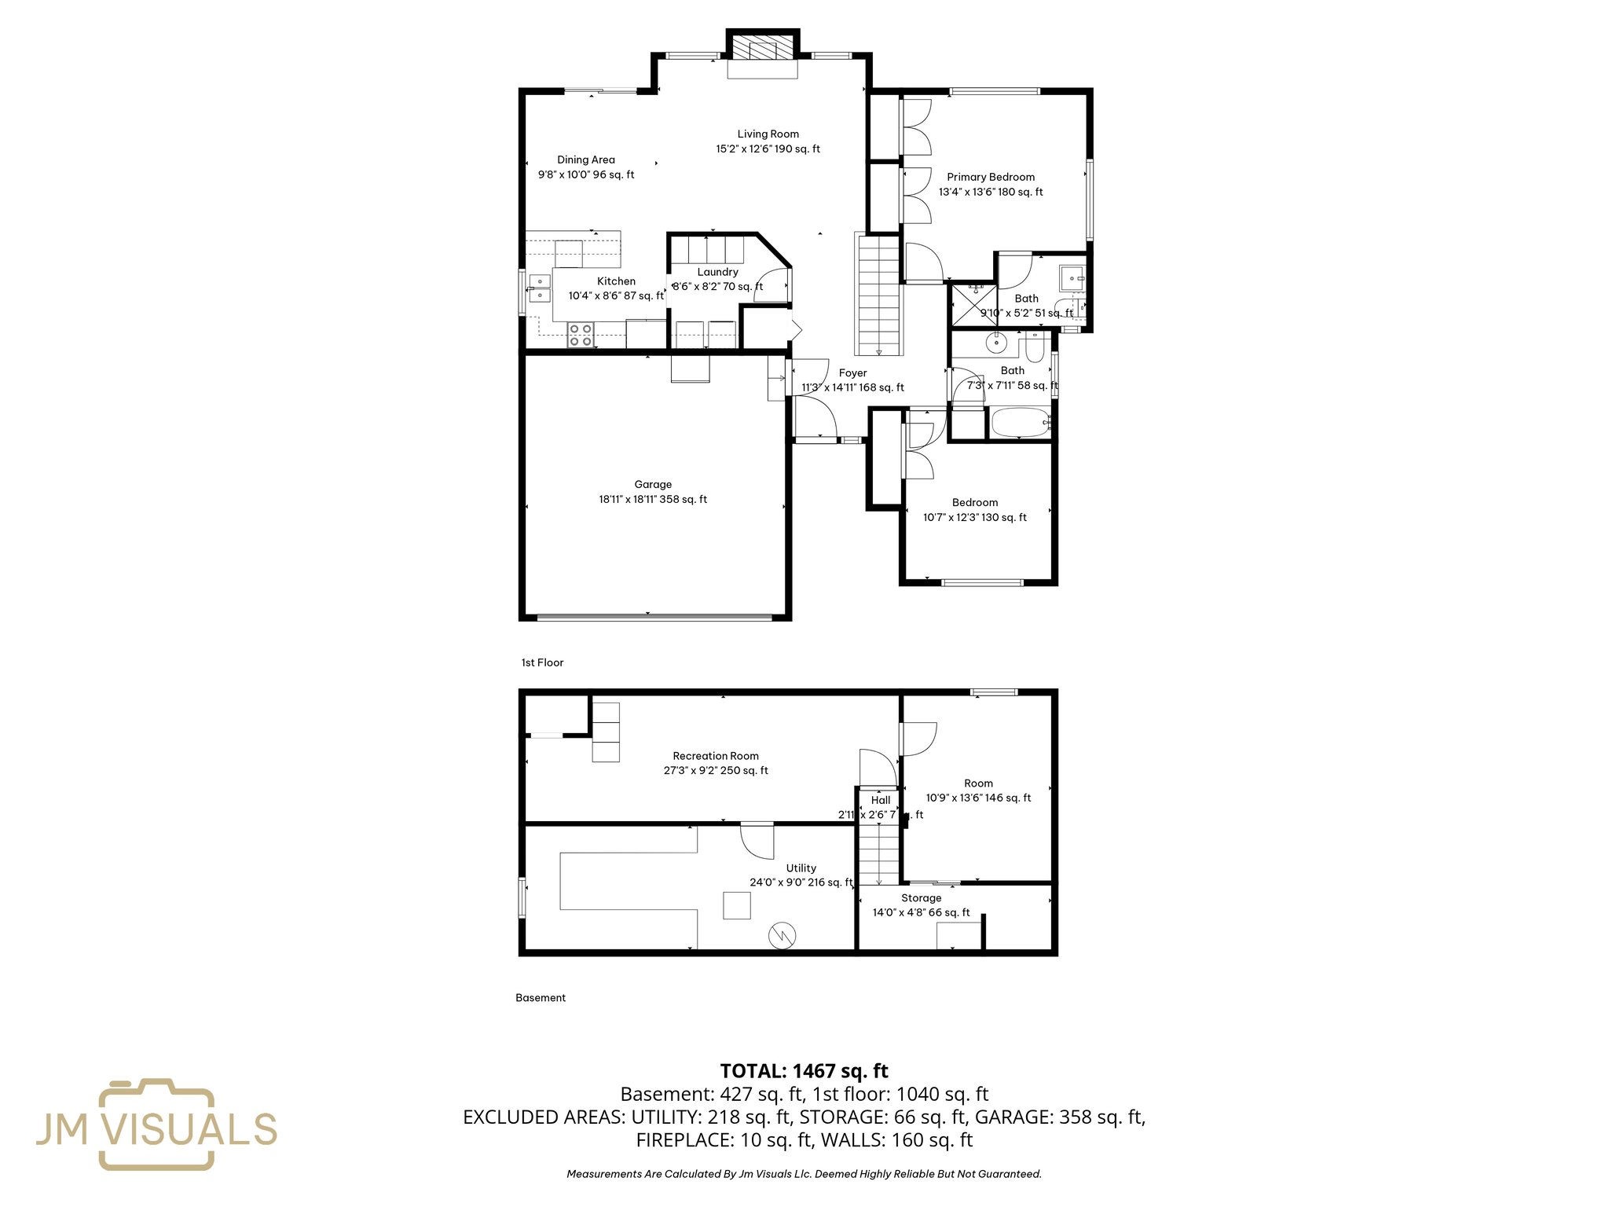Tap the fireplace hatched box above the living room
pyautogui.click(x=762, y=50)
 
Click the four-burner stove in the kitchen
pyautogui.click(x=581, y=336)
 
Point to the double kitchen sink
pyautogui.click(x=540, y=288)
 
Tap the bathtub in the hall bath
pyautogui.click(x=1020, y=423)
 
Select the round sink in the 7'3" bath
pyautogui.click(x=997, y=342)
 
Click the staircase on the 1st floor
pyautogui.click(x=878, y=295)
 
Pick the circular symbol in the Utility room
pyautogui.click(x=783, y=935)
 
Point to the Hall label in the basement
pyautogui.click(x=881, y=800)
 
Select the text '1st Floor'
pyautogui.click(x=542, y=662)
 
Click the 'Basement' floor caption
pyautogui.click(x=541, y=998)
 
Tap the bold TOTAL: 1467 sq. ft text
pyautogui.click(x=804, y=1071)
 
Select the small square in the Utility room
pyautogui.click(x=737, y=905)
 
